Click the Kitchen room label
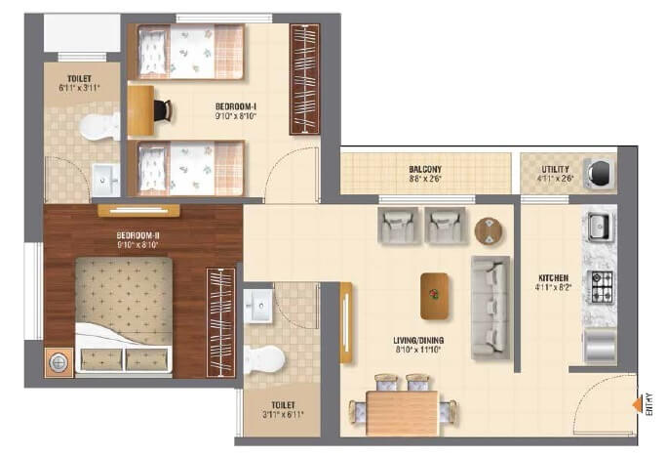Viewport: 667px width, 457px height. (x=551, y=282)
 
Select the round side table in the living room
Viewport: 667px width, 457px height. (x=489, y=230)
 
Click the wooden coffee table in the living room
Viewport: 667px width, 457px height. (x=435, y=295)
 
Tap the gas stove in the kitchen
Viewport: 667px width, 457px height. (x=601, y=285)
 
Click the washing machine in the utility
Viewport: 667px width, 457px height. (x=602, y=172)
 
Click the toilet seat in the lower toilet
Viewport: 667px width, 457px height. (x=262, y=359)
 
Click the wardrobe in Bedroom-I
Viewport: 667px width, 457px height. (x=305, y=79)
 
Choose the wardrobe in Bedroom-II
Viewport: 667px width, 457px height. (x=220, y=321)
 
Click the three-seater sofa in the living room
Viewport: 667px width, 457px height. (x=490, y=307)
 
